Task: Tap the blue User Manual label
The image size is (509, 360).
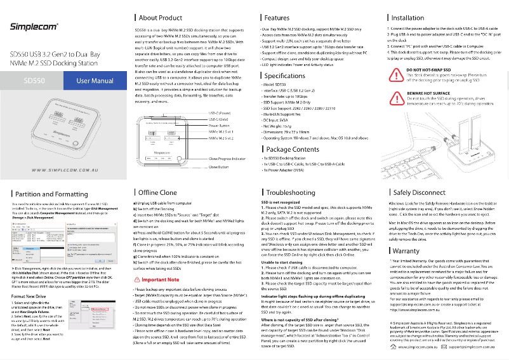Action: point(95,81)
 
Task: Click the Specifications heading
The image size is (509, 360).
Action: point(284,76)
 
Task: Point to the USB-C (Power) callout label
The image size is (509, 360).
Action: point(220,113)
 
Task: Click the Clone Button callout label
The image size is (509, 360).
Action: point(219,166)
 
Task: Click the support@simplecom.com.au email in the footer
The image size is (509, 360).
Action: point(477,348)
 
